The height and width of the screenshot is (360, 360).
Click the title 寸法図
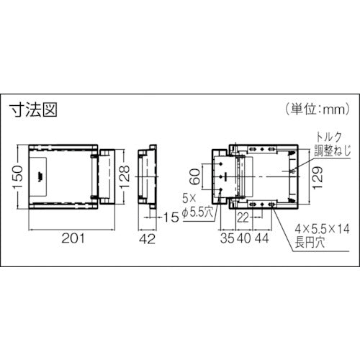33,110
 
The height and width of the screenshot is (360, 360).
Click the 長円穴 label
309,243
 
